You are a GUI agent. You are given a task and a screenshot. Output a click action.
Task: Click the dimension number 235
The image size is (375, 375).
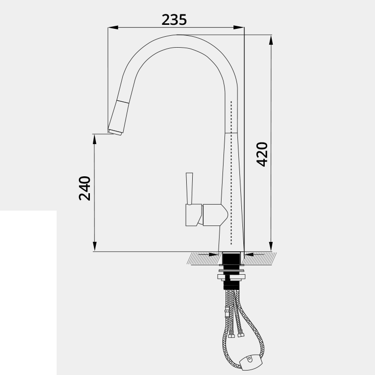coord(174,19)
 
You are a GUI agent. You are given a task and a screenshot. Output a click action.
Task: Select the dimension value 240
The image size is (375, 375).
coord(84,188)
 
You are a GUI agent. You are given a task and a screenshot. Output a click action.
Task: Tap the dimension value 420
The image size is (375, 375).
coord(262,154)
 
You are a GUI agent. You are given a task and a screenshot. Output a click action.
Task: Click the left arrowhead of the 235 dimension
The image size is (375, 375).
coord(113,27)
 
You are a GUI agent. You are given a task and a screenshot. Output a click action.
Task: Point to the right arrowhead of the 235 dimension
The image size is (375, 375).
coord(239,27)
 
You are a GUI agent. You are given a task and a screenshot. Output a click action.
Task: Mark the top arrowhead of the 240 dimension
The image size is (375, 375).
coord(94,139)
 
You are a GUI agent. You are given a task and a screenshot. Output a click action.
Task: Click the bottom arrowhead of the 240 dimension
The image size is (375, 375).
coord(94,246)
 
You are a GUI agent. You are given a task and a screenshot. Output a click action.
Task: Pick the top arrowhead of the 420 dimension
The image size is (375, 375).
coord(271,40)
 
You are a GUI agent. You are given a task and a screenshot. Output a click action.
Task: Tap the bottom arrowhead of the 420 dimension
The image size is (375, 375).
coord(271,246)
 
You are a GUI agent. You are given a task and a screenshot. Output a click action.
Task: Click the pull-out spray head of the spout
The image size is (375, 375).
coord(119,118)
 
